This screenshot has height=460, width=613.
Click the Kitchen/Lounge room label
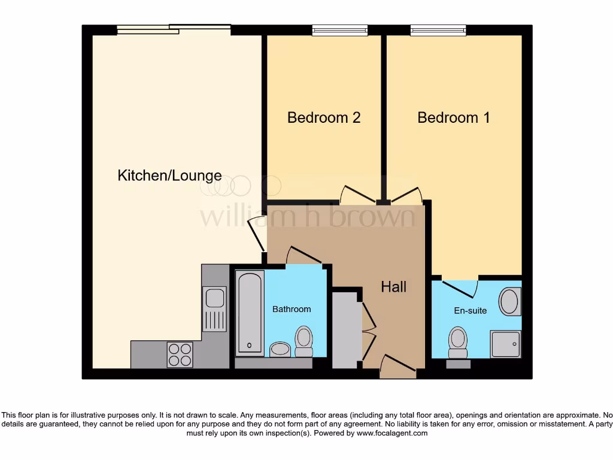(x=169, y=175)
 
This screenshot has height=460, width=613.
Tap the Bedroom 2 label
(x=323, y=117)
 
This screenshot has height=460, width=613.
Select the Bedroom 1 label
(x=453, y=117)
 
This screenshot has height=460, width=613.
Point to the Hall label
(x=393, y=287)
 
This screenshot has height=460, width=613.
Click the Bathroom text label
(x=292, y=309)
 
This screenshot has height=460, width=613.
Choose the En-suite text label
(x=470, y=310)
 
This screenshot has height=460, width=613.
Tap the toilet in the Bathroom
(x=304, y=340)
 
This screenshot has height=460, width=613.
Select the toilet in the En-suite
(x=458, y=340)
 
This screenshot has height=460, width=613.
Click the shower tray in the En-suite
(x=505, y=344)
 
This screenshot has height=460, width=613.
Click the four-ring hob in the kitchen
(x=180, y=354)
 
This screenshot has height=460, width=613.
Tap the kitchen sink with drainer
(x=214, y=308)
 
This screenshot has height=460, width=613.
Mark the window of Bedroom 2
(x=339, y=30)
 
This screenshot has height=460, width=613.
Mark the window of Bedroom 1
(x=438, y=30)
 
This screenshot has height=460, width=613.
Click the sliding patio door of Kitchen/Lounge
(x=174, y=29)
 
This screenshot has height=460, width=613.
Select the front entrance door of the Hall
(x=397, y=367)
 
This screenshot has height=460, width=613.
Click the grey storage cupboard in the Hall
(x=347, y=330)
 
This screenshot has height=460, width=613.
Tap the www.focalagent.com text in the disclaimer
(x=392, y=433)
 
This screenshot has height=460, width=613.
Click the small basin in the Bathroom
(x=280, y=349)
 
